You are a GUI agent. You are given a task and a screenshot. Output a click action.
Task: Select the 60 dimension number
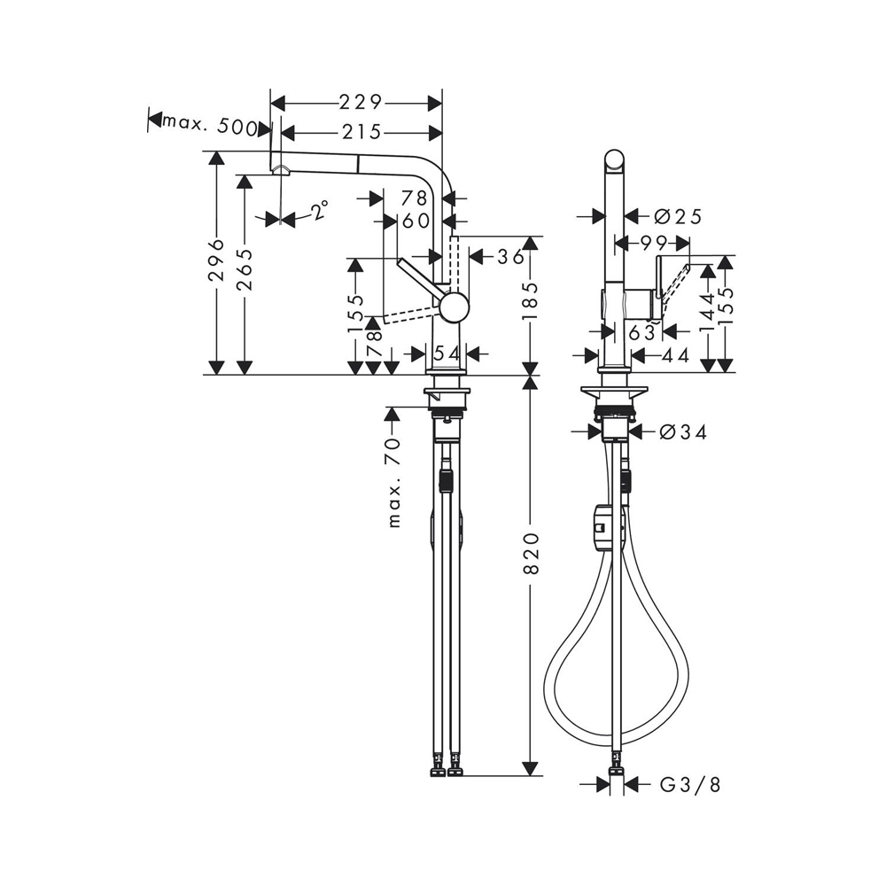(x=416, y=220)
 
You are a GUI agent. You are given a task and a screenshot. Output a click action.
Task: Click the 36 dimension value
(x=511, y=257)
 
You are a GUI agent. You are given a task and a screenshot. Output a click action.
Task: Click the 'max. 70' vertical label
(x=393, y=487)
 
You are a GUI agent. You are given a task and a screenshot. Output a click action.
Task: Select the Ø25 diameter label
(x=677, y=216)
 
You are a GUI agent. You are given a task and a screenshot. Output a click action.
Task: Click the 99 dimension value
(x=652, y=243)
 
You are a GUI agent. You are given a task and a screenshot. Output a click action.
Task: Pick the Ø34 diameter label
(x=682, y=432)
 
